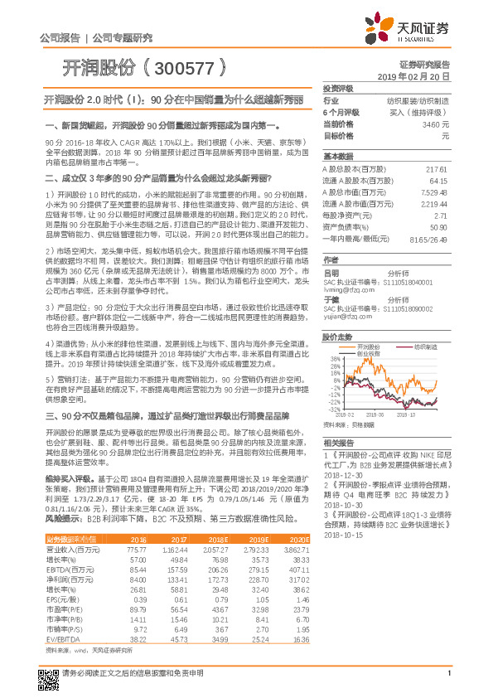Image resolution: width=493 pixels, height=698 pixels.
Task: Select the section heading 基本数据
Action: [338, 157]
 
